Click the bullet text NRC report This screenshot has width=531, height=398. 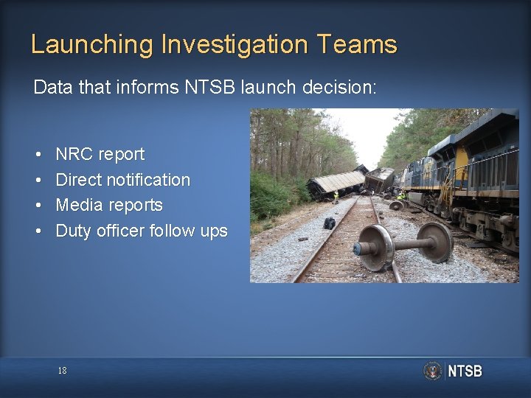click(x=100, y=155)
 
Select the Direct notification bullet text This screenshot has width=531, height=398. click(x=123, y=180)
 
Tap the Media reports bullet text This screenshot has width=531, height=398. click(x=109, y=205)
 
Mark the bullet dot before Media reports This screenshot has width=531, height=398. click(x=37, y=206)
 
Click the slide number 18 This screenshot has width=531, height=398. click(x=63, y=371)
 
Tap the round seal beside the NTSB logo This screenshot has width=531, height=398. click(x=433, y=371)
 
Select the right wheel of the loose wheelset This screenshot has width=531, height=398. click(x=438, y=242)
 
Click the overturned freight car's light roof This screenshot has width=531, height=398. click(x=339, y=181)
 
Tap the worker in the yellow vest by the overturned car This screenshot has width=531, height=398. click(x=336, y=196)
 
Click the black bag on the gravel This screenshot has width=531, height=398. click(x=330, y=223)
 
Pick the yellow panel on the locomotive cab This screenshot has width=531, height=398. click(x=462, y=158)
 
